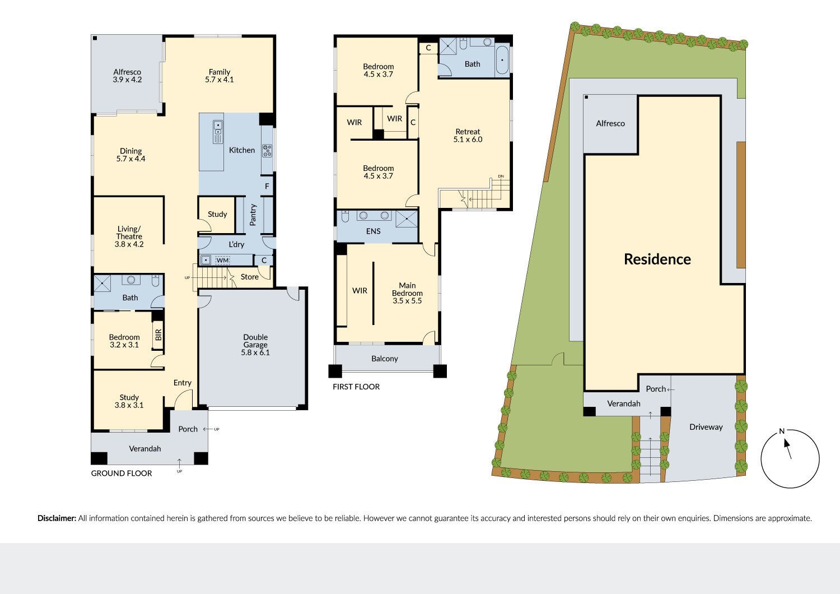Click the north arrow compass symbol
pyautogui.click(x=790, y=458)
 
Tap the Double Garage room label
pyautogui.click(x=255, y=345)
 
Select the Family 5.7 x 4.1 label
pyautogui.click(x=220, y=76)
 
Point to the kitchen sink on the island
pyautogui.click(x=217, y=132)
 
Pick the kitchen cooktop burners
pyautogui.click(x=267, y=150)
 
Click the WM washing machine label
pyautogui.click(x=223, y=261)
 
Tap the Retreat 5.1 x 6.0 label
pyautogui.click(x=468, y=136)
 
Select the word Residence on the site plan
pyautogui.click(x=657, y=259)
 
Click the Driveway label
pyautogui.click(x=706, y=427)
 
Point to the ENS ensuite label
pyautogui.click(x=373, y=231)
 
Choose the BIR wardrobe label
pyautogui.click(x=158, y=335)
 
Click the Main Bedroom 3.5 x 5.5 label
pyautogui.click(x=407, y=293)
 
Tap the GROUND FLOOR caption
pyautogui.click(x=122, y=474)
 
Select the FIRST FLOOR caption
pyautogui.click(x=356, y=387)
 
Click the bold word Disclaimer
pyautogui.click(x=57, y=518)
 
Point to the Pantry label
pyautogui.click(x=253, y=215)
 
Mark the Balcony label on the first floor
pyautogui.click(x=385, y=359)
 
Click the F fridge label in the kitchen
pyautogui.click(x=267, y=187)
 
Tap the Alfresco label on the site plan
pyautogui.click(x=610, y=123)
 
